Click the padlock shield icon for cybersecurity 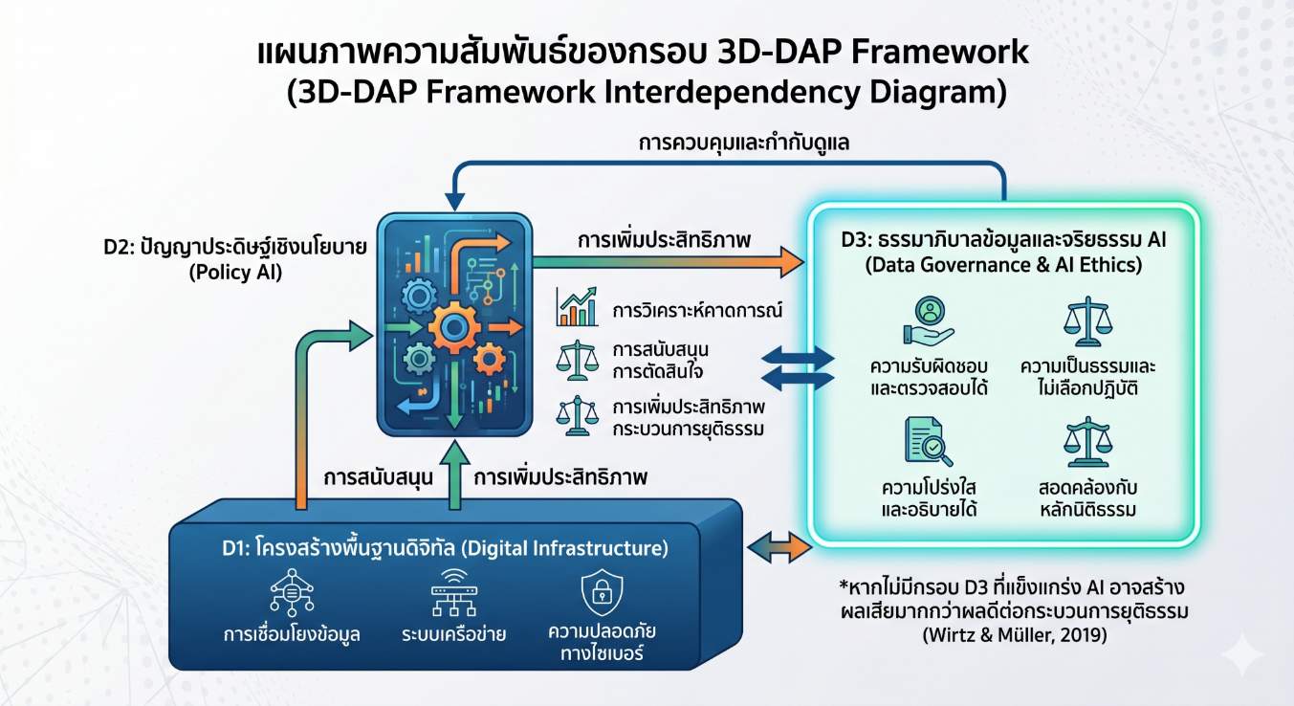point(602,593)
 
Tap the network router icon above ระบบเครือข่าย point(454,593)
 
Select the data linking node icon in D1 point(292,593)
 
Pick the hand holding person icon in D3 point(929,321)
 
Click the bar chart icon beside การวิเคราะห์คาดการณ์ point(577,307)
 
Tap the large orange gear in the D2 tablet point(454,327)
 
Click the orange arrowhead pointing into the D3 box point(792,262)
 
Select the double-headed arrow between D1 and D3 point(779,547)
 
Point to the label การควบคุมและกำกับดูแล point(743,143)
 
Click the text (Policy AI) point(235,272)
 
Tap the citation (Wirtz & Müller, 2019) point(1015,635)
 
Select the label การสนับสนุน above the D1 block point(379,477)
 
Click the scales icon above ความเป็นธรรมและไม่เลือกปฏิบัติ point(1087,321)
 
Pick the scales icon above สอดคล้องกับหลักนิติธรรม point(1087,442)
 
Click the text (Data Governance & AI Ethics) point(1003,265)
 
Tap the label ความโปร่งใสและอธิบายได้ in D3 point(929,499)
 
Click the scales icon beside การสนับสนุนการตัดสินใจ point(577,360)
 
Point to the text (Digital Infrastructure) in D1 point(565,548)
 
